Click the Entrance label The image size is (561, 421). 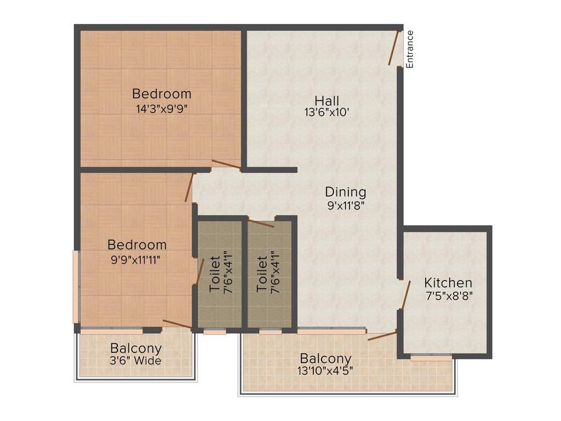coord(409,49)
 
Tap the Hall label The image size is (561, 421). coord(327,101)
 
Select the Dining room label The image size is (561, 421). coord(345,192)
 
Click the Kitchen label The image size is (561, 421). coord(448,283)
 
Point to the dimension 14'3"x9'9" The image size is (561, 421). coord(162,108)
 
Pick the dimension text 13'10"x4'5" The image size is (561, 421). coord(325,370)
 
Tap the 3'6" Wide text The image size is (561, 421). coord(136,361)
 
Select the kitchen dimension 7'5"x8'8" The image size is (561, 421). coord(449,295)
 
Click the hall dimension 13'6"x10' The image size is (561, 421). coord(327,113)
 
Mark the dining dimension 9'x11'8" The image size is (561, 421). coord(345,205)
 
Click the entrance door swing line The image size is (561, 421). coord(394,48)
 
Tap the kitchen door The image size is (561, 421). coord(406,295)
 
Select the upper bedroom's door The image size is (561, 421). coord(226,164)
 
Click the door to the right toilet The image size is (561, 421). coord(261,223)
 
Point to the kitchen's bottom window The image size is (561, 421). coord(431,357)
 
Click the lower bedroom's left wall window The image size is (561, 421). coord(76,287)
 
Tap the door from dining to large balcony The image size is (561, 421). coord(382,336)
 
